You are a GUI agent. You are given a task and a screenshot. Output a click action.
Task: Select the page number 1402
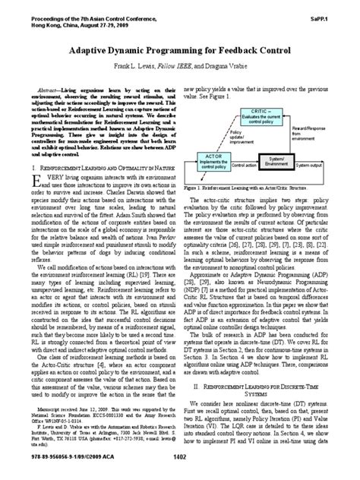point(180,455)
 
